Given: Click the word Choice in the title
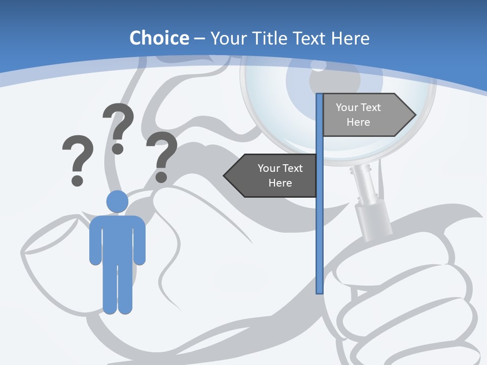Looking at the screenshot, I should [159, 38].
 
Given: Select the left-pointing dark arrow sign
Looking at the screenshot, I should [271, 175].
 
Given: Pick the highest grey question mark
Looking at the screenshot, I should [119, 122].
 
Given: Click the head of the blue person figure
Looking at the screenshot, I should [117, 202].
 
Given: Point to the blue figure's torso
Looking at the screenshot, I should [117, 238].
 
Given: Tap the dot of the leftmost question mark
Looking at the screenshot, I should [77, 180].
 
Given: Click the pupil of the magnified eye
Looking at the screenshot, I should [319, 65].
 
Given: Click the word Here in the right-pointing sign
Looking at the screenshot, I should [358, 122].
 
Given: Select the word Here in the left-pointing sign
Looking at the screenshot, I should [280, 183].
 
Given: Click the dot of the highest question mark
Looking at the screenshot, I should [118, 149].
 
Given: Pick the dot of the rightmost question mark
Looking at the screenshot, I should [161, 177].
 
